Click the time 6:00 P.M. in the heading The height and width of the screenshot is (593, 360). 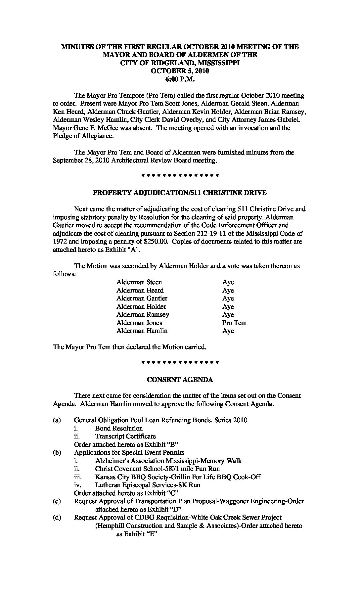pos(180,79)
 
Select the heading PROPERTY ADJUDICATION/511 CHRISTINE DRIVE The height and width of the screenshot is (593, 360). pos(180,193)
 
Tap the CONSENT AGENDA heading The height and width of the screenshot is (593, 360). pos(180,380)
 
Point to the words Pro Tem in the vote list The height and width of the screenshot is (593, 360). pos(234,323)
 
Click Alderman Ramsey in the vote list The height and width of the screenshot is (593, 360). pos(143,315)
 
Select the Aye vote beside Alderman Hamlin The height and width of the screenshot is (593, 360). pos(228,331)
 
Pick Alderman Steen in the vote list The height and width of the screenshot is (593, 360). pos(139,282)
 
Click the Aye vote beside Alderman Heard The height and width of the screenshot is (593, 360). pos(228,291)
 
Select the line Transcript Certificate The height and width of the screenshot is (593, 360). pos(125,436)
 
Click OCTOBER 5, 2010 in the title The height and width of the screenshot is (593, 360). pos(180,71)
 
